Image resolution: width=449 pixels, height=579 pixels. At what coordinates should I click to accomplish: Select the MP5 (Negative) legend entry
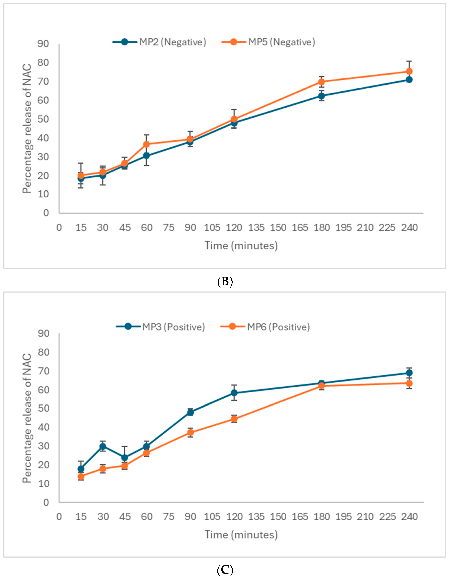pyautogui.click(x=268, y=42)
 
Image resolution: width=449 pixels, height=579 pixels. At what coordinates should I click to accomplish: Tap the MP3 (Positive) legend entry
pyautogui.click(x=161, y=327)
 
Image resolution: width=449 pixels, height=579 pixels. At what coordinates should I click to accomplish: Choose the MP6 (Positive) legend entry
pyautogui.click(x=265, y=327)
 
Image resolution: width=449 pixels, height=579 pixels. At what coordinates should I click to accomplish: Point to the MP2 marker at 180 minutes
pyautogui.click(x=321, y=96)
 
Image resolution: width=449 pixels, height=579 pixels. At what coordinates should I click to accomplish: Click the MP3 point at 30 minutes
pyautogui.click(x=103, y=446)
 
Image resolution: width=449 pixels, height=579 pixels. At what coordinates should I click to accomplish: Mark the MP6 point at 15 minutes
pyautogui.click(x=81, y=476)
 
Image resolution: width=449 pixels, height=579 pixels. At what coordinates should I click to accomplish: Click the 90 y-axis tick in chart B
pyautogui.click(x=43, y=44)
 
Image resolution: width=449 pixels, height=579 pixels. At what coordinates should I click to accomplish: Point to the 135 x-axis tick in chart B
pyautogui.click(x=256, y=227)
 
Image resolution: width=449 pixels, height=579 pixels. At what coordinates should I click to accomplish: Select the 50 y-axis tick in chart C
pyautogui.click(x=43, y=408)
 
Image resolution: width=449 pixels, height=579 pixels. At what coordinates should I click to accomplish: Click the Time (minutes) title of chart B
pyautogui.click(x=241, y=245)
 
